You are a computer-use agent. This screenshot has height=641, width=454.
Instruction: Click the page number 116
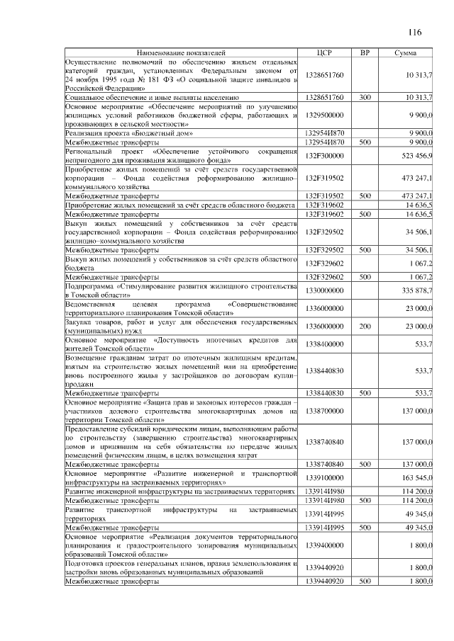415,32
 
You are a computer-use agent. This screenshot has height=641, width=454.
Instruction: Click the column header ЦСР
325,53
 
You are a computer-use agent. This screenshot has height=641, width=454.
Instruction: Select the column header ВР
365,53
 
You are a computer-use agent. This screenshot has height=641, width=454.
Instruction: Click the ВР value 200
365,327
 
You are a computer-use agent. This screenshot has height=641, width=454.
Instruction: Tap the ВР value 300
365,96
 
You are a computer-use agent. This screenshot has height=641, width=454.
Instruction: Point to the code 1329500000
324,113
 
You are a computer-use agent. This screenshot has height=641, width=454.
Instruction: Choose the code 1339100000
324,477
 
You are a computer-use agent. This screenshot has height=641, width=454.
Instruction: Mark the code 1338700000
324,411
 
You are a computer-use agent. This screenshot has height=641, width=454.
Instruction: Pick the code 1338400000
324,344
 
